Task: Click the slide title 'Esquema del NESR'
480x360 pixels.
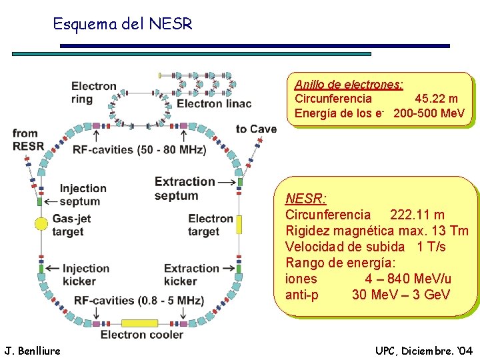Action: pyautogui.click(x=122, y=25)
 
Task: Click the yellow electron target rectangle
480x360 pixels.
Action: pyautogui.click(x=239, y=224)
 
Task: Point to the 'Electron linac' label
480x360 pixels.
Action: pyautogui.click(x=214, y=103)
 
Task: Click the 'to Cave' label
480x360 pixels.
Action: pyautogui.click(x=256, y=129)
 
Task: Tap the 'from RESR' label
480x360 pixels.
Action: pyautogui.click(x=28, y=140)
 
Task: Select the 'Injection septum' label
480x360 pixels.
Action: pyautogui.click(x=83, y=195)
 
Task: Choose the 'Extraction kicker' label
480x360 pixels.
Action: pyautogui.click(x=189, y=275)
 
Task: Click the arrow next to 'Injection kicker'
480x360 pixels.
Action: pyautogui.click(x=53, y=268)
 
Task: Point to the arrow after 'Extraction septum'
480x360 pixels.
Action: pyautogui.click(x=227, y=181)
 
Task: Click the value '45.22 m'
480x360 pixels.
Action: pyautogui.click(x=436, y=99)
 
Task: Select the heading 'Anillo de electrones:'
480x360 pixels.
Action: pyautogui.click(x=349, y=85)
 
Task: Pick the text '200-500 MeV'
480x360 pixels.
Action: pyautogui.click(x=429, y=113)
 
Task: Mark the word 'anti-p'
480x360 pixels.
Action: pyautogui.click(x=301, y=295)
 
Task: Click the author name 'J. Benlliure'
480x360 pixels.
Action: pyautogui.click(x=32, y=350)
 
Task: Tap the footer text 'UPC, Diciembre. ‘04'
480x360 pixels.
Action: pyautogui.click(x=424, y=350)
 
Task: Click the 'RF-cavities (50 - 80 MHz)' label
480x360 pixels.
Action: pyautogui.click(x=139, y=149)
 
